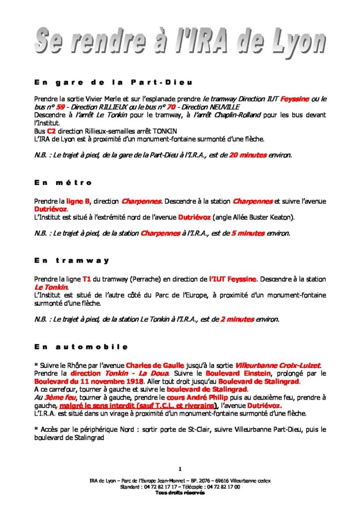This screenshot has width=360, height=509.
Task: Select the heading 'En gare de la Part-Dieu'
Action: click(113, 82)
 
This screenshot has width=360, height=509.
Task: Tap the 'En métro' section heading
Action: click(64, 183)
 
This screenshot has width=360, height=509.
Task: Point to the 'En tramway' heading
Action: click(72, 260)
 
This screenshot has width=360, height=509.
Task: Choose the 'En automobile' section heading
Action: click(82, 346)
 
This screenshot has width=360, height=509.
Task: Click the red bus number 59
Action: click(61, 107)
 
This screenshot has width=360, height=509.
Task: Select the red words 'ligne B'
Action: click(78, 201)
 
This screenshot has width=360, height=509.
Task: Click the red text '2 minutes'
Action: click(237, 319)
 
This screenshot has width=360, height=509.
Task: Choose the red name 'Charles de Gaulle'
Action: click(155, 365)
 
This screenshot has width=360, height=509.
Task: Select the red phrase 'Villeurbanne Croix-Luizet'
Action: click(278, 365)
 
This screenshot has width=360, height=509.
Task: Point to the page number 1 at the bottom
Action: click(180, 469)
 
